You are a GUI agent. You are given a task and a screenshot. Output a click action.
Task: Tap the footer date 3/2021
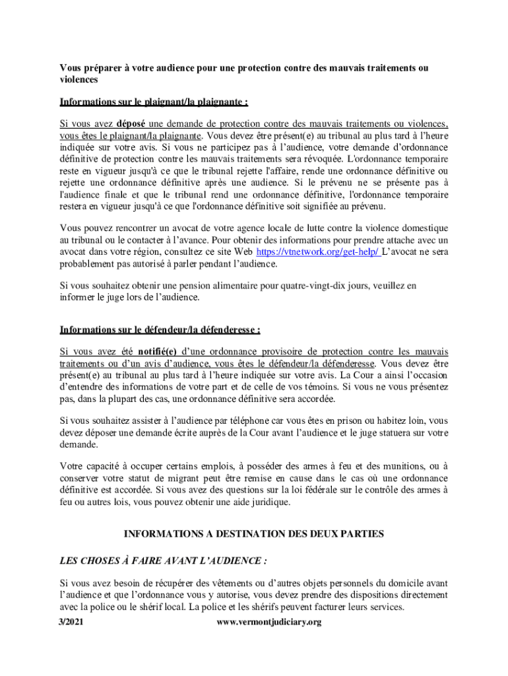[x=73, y=622]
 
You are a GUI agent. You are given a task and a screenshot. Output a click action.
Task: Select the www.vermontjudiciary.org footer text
[x=269, y=622]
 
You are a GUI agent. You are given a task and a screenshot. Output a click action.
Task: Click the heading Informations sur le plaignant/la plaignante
[x=154, y=102]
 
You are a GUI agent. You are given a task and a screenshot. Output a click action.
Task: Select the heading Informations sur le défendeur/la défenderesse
[x=160, y=330]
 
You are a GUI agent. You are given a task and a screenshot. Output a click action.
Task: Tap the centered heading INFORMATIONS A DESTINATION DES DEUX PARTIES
[x=254, y=533]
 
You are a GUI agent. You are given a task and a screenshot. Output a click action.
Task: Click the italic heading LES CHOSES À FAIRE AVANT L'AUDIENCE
[x=163, y=560]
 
